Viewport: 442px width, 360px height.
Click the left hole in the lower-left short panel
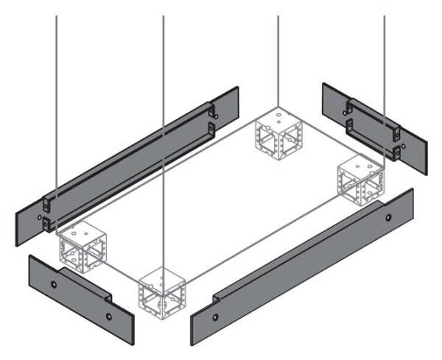click(54, 283)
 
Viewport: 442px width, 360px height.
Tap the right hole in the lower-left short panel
click(109, 316)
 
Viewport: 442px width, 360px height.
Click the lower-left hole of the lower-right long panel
click(215, 319)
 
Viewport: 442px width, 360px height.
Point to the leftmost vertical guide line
click(57, 96)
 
